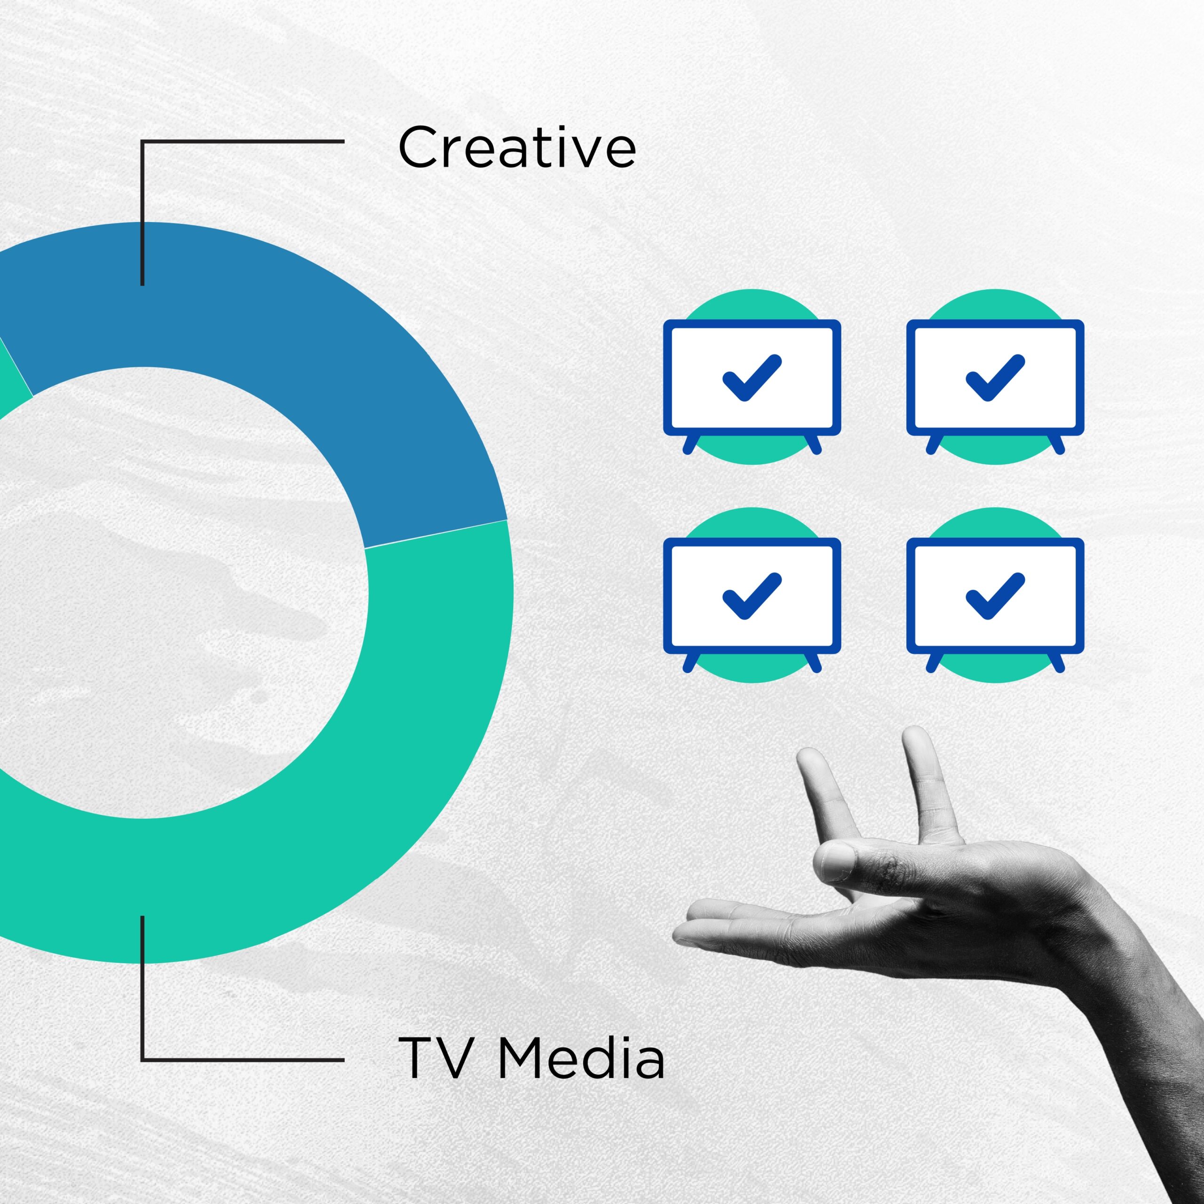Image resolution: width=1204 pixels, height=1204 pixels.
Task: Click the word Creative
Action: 516,147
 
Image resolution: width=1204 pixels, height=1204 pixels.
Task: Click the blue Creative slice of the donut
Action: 280,324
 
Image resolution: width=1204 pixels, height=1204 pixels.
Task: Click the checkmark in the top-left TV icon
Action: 751,377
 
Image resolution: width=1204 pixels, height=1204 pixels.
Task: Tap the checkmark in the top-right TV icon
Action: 995,377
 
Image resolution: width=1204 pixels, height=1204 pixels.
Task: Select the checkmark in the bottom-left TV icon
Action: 751,595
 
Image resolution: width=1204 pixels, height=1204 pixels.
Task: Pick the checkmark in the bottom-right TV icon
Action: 995,595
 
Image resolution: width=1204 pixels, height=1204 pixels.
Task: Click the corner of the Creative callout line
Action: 143,142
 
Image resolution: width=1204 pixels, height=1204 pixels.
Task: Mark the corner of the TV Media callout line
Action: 143,1060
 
